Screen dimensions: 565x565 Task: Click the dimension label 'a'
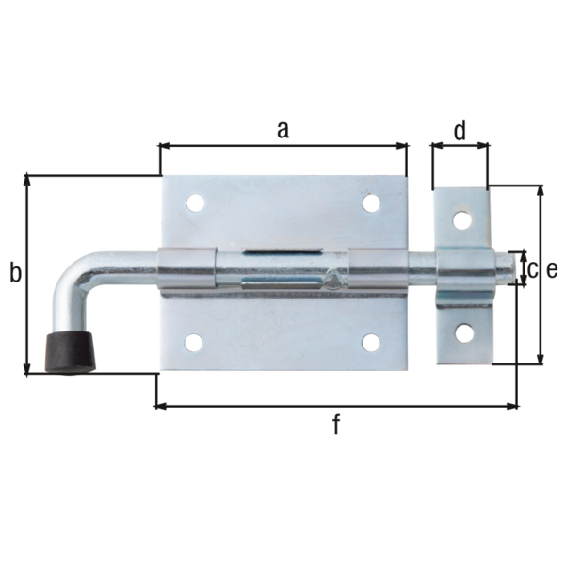coord(282,130)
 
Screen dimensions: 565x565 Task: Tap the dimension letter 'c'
coord(531,270)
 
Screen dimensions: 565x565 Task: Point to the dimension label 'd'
coord(460,131)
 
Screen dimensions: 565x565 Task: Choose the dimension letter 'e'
coord(552,270)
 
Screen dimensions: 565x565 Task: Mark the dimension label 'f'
coord(335,425)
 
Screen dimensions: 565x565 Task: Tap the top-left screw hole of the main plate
coord(195,202)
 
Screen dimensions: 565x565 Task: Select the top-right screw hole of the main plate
coord(371,202)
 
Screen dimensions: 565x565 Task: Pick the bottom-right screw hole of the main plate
coord(371,343)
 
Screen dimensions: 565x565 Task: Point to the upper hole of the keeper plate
coord(461,219)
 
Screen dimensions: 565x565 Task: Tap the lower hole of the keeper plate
coord(462,331)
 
